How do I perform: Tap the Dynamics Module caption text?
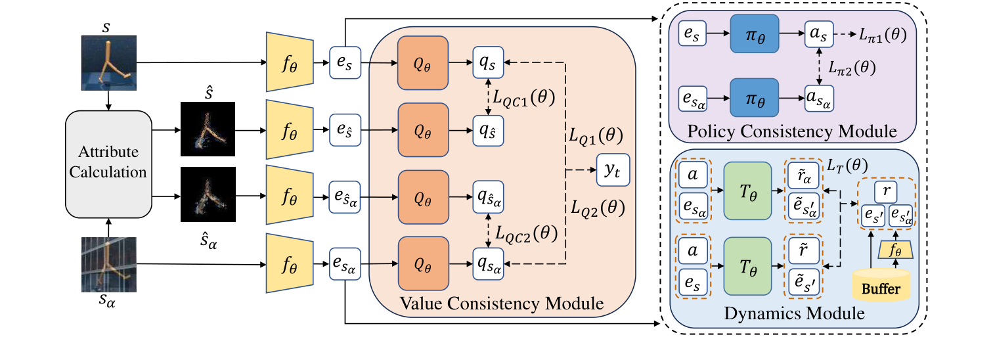[x=794, y=314]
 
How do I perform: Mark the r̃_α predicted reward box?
[x=800, y=177]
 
